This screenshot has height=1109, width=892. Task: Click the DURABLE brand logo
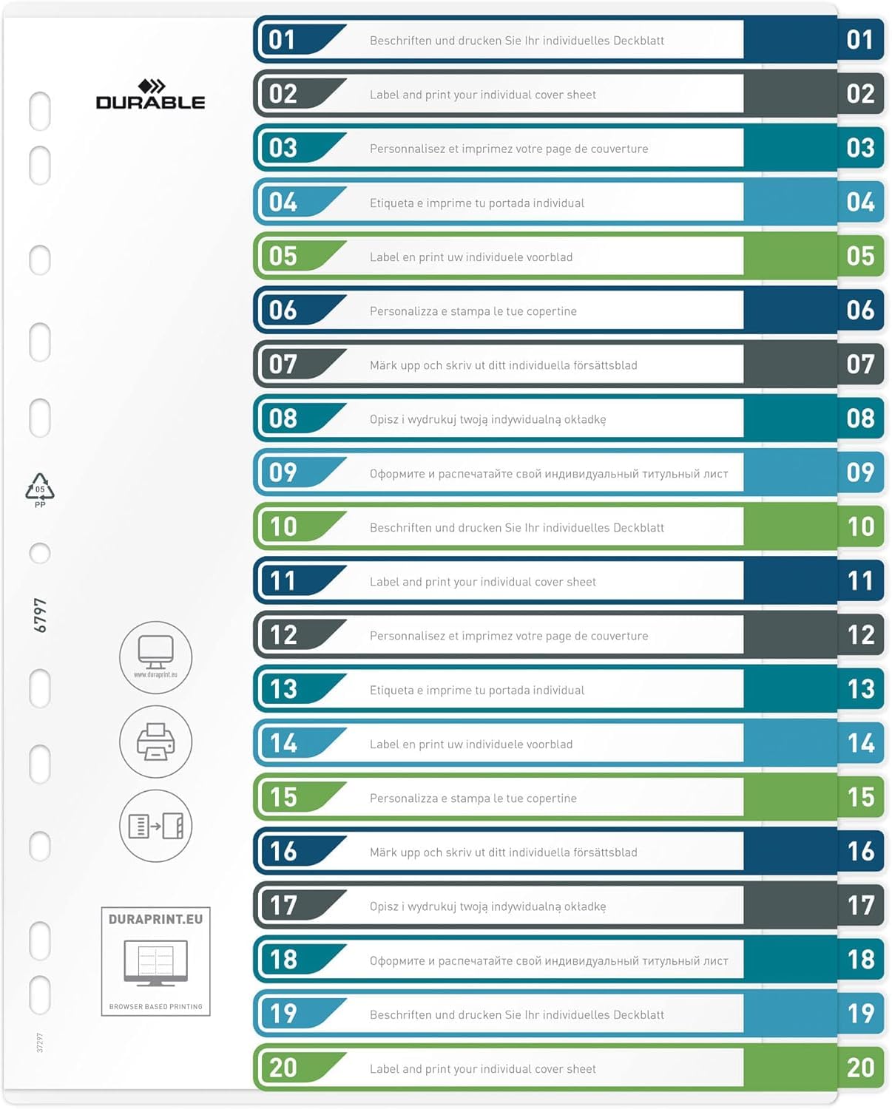coord(150,95)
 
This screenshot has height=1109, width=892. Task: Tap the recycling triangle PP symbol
coord(40,489)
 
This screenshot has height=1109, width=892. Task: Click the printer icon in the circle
coord(155,742)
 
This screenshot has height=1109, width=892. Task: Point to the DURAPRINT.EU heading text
coord(155,919)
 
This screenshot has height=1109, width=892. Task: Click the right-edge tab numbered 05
coord(861,257)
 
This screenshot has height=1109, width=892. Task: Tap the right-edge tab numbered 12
coord(861,635)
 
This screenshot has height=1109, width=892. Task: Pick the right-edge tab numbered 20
coord(861,1068)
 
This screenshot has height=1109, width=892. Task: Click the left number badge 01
coord(283,40)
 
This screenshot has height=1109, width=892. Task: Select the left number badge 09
coord(283,472)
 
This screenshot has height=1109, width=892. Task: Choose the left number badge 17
coord(283,906)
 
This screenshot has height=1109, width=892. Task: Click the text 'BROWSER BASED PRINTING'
coord(155,1006)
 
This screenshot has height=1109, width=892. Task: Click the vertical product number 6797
coord(41,615)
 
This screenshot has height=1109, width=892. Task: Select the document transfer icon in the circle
coord(155,826)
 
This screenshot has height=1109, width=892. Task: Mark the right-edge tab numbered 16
coord(861,852)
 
